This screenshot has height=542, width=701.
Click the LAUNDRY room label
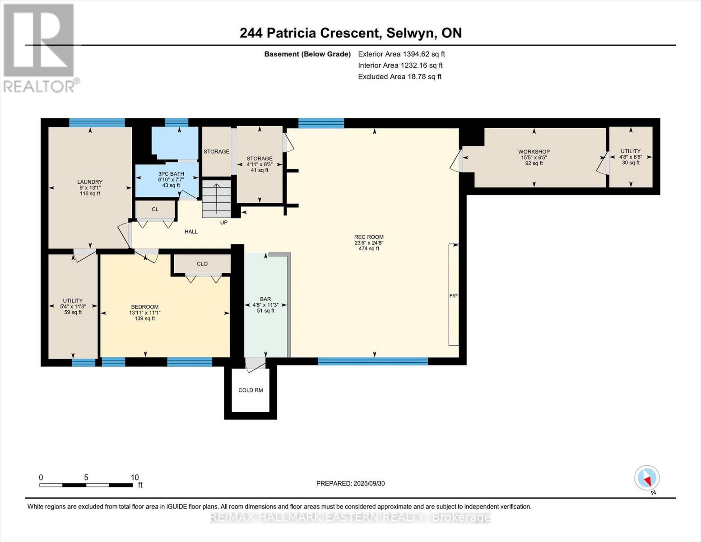90,182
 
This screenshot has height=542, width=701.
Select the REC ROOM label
369,237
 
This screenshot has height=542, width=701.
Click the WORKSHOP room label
534,152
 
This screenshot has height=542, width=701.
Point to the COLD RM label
251,390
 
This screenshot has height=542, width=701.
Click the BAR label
265,299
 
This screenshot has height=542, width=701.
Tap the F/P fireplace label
453,296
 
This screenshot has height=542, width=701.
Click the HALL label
191,232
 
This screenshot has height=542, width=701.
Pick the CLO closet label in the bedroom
202,264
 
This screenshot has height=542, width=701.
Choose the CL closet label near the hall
155,210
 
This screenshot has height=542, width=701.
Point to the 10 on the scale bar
135,477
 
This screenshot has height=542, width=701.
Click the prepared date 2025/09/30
369,483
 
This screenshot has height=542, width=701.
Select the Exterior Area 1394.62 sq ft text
401,54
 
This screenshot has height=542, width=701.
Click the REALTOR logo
40,48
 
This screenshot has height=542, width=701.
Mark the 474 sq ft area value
369,249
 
